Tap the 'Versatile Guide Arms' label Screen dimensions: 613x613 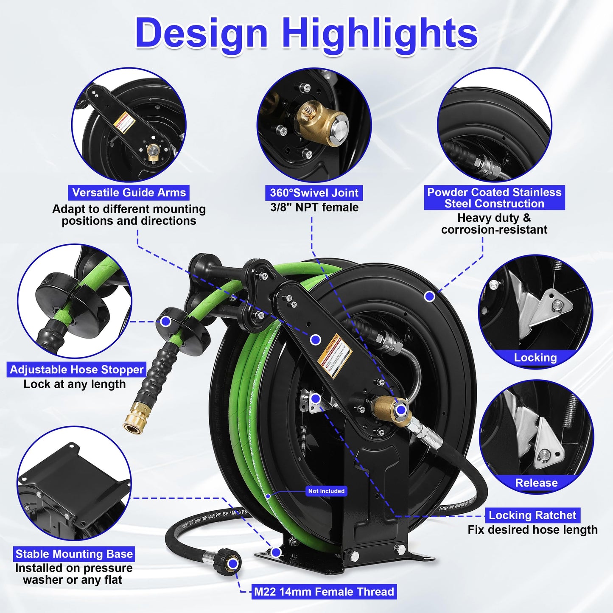tap(129, 193)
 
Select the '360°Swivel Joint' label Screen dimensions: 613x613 tap(314, 193)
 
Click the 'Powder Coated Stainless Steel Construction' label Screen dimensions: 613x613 tap(494, 198)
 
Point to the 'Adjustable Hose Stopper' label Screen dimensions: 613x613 tap(77, 369)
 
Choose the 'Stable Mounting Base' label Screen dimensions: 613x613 tap(74, 554)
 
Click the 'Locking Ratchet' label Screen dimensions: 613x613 tap(532, 515)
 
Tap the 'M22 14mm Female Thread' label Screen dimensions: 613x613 tap(324, 592)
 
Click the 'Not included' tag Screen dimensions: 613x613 tap(326, 491)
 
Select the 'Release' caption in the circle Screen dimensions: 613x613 tap(536, 483)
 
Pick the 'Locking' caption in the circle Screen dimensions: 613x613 tap(535, 358)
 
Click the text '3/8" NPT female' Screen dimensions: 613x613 tap(314, 207)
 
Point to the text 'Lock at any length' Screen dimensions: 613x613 tap(75, 384)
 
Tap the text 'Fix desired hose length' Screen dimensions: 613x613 tap(532, 530)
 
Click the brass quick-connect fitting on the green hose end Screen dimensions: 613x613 tap(134, 418)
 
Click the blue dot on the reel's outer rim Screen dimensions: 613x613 tap(429, 297)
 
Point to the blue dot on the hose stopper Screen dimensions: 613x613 tap(166, 322)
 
